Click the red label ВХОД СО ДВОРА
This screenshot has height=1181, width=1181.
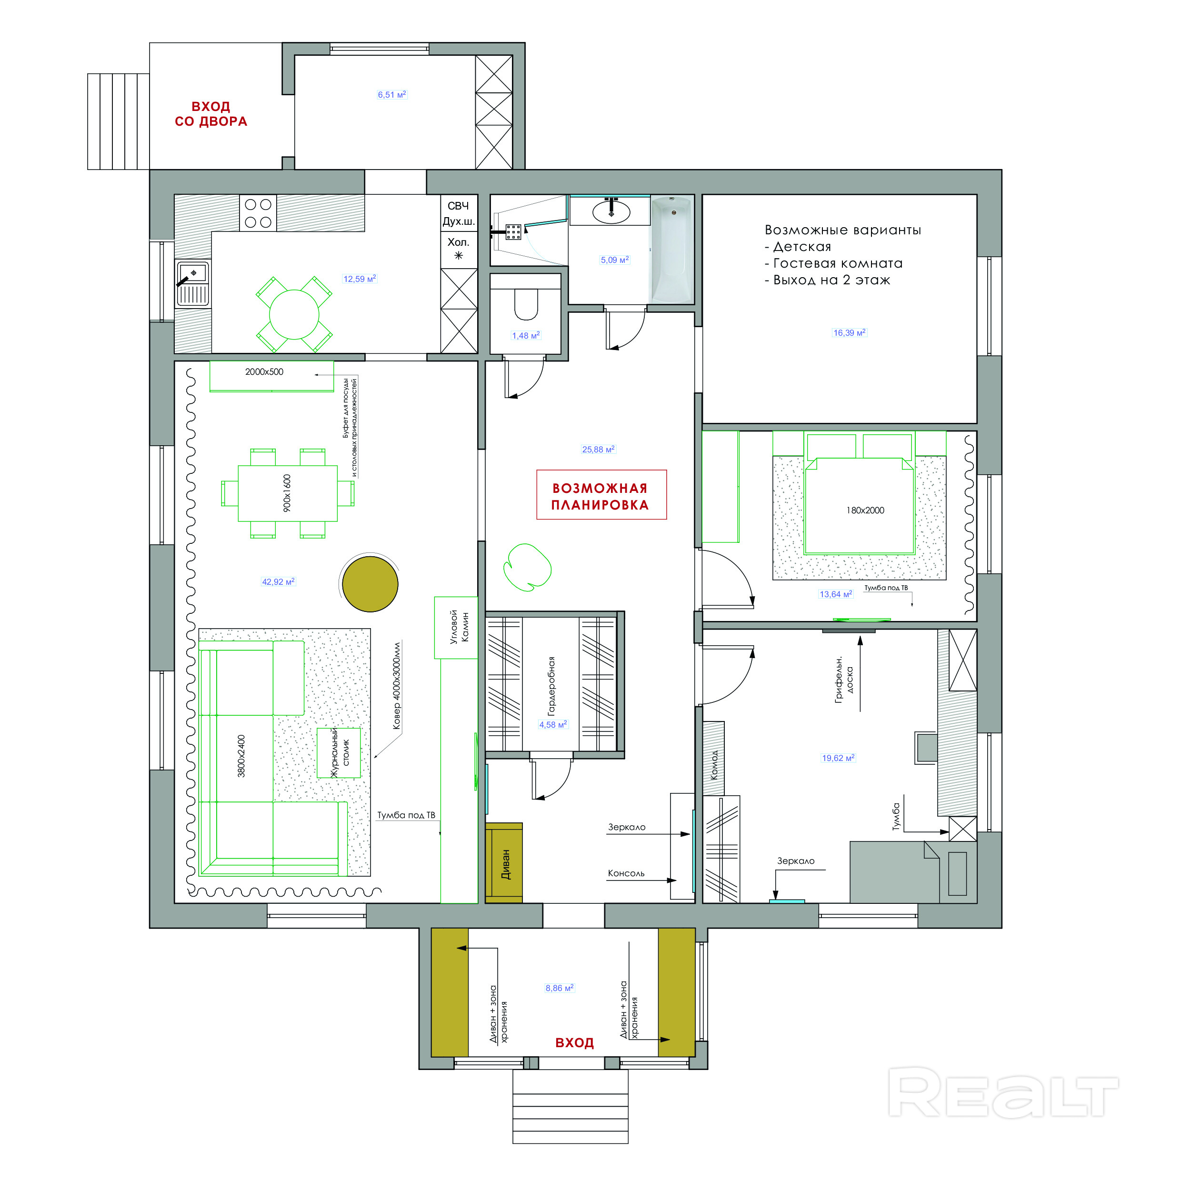(x=211, y=114)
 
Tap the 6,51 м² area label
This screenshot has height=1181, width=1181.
(x=392, y=95)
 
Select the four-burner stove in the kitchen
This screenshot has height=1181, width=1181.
(x=258, y=213)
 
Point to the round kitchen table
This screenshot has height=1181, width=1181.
(x=294, y=314)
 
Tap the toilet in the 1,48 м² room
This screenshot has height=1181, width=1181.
(x=526, y=304)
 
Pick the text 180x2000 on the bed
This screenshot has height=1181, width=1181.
(x=865, y=510)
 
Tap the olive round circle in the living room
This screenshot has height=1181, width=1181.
(x=370, y=584)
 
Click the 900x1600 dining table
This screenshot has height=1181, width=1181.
(x=287, y=493)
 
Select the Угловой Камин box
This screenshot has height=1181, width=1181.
(x=456, y=628)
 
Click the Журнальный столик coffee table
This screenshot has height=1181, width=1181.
(x=339, y=752)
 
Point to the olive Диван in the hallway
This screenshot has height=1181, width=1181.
(x=504, y=862)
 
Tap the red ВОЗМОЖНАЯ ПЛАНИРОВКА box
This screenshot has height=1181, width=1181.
(x=601, y=494)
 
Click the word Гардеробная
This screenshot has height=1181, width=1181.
(x=551, y=686)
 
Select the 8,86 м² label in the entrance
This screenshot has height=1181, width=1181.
(x=560, y=988)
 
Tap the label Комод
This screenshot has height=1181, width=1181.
(x=714, y=765)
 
